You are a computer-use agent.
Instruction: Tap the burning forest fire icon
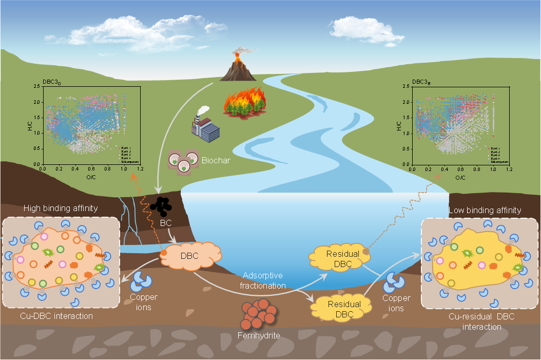point(243,103)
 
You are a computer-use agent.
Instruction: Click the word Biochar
point(216,160)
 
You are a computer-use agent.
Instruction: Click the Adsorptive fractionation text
point(263,280)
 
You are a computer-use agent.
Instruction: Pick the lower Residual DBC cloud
point(337,309)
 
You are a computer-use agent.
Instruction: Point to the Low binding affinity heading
point(485,210)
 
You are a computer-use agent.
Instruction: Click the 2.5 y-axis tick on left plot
point(37,86)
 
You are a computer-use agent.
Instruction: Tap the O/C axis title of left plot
point(91,176)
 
